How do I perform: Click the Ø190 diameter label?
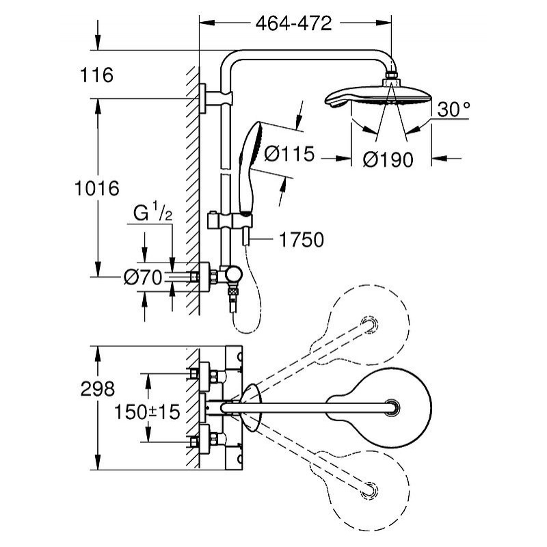[x=388, y=159]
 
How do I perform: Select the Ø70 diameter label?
[x=142, y=277]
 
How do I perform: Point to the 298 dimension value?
[x=96, y=390]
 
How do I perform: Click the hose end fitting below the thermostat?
[x=234, y=302]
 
